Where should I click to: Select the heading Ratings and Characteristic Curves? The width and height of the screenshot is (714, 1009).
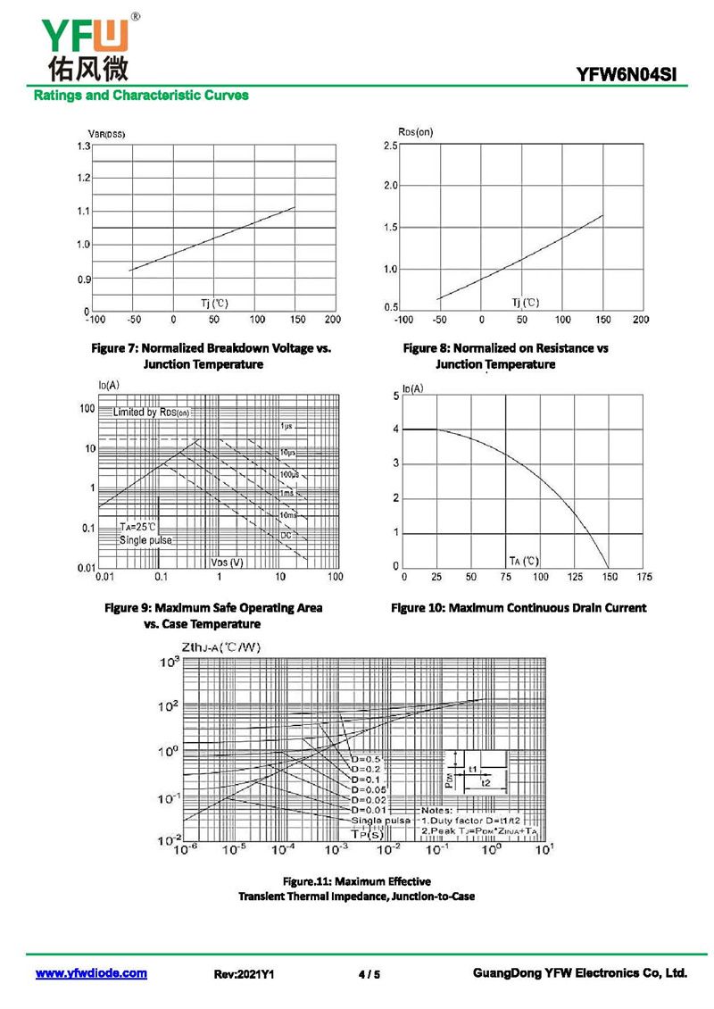click(140, 95)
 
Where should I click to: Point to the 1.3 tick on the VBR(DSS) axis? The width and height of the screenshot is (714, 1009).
click(83, 146)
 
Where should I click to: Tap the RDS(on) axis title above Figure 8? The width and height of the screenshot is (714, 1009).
click(415, 132)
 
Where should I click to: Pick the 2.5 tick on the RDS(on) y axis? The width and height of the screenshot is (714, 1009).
click(390, 146)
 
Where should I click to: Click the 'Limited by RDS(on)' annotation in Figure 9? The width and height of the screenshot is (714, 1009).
click(151, 413)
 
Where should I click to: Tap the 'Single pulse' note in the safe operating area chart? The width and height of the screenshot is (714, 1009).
click(145, 540)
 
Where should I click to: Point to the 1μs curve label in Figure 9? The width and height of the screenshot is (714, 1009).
click(286, 427)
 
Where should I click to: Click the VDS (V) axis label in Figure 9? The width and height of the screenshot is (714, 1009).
click(227, 563)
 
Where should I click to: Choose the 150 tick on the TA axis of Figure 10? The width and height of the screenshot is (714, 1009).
click(610, 578)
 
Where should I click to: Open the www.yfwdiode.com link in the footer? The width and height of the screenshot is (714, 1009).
click(91, 973)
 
